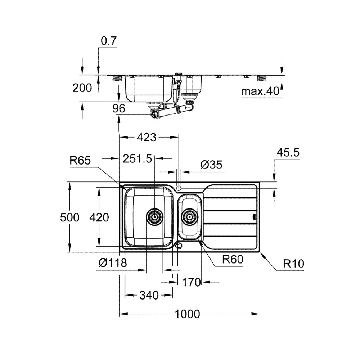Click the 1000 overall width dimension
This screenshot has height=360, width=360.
click(187, 314)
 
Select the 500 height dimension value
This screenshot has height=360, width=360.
click(69, 217)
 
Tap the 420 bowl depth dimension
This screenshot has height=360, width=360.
click(99, 217)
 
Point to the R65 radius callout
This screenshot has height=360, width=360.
click(80, 160)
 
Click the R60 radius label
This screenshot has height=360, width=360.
click(233, 259)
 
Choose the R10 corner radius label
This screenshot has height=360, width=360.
click(293, 264)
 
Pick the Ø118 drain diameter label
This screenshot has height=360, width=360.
click(113, 263)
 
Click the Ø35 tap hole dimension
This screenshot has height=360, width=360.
click(211, 165)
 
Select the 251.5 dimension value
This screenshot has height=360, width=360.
click(137, 158)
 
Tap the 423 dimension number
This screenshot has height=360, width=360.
click(147, 137)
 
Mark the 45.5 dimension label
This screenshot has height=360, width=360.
click(288, 152)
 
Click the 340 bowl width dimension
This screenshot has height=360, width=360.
click(149, 295)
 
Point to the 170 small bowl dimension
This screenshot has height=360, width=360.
click(191, 282)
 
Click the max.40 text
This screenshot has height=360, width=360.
click(260, 91)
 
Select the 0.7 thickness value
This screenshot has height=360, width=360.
click(109, 41)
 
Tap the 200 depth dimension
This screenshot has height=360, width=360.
click(82, 88)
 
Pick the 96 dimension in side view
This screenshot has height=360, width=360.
click(119, 108)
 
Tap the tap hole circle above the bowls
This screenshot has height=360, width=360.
click(179, 188)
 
